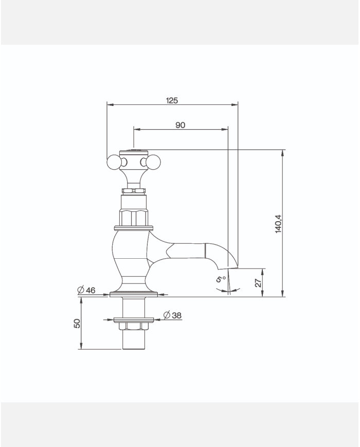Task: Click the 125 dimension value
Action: coord(172,100)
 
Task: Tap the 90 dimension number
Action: coord(180,125)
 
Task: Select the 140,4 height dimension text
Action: coord(278,224)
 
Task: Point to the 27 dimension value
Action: coord(258,282)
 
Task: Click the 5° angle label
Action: coord(221,279)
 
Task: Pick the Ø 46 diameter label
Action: coord(86,290)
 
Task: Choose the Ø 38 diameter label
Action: coord(172,315)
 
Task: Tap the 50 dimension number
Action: coord(77,323)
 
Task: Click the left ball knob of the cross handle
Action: coord(114,162)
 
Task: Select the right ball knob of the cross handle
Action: coord(154,162)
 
